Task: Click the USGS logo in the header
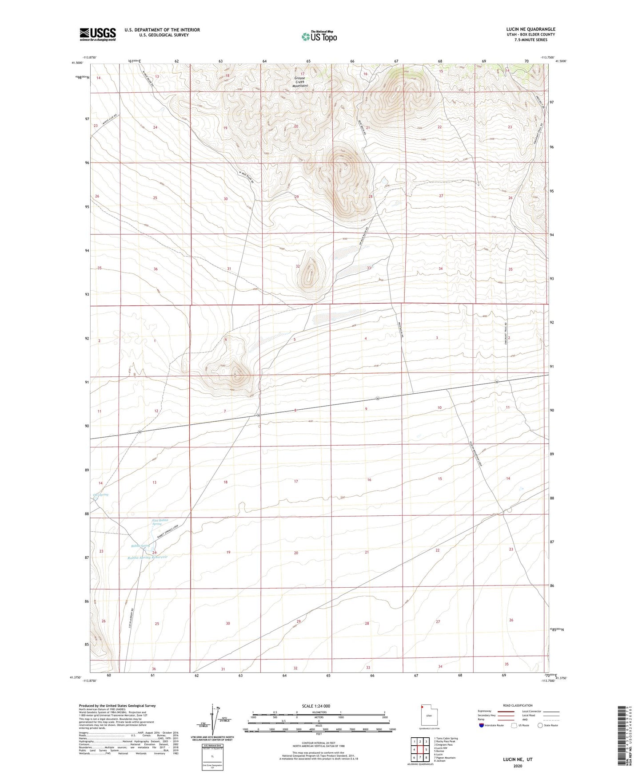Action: (98, 34)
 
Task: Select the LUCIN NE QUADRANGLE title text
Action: (530, 29)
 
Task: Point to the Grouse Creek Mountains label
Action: (303, 82)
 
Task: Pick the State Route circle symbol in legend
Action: (540, 725)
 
